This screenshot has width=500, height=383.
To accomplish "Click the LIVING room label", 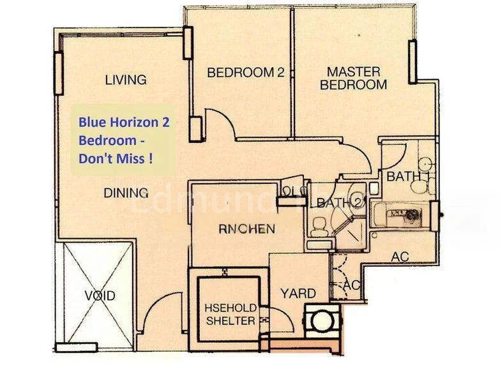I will point(126,80).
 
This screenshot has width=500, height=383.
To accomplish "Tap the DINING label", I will point(126,192).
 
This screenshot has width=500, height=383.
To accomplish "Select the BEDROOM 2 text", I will point(245,73).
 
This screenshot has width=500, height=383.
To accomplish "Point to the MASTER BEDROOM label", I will point(353,78).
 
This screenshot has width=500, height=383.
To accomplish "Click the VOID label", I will point(100,296).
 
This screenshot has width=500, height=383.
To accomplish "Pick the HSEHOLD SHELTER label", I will point(231,314).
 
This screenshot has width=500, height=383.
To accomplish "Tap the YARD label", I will point(298,293).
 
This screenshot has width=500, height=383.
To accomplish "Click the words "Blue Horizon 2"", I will point(124,122).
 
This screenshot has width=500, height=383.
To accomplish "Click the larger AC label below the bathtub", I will point(400,256).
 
